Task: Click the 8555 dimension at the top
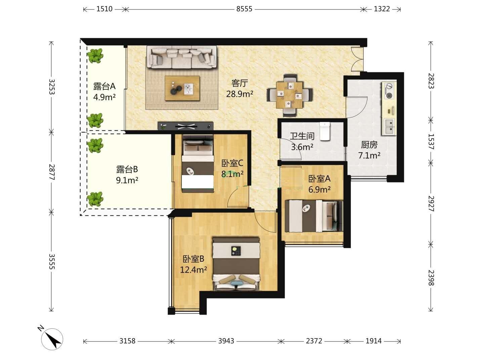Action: click(x=244, y=9)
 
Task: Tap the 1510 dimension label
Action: click(x=104, y=9)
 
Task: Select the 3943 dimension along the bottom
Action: click(x=226, y=341)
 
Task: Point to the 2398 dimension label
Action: click(x=431, y=278)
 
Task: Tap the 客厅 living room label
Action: click(x=239, y=83)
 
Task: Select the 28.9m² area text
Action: click(x=239, y=94)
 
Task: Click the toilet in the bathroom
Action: click(x=325, y=131)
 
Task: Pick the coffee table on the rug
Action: click(x=183, y=88)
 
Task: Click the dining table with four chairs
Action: click(x=289, y=95)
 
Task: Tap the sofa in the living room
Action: click(x=182, y=57)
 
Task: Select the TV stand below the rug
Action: click(x=186, y=126)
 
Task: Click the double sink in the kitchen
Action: click(x=389, y=127)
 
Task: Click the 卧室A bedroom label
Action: click(x=319, y=178)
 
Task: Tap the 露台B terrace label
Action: click(x=127, y=169)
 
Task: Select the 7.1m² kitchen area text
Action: click(x=369, y=156)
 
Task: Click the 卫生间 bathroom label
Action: click(x=302, y=136)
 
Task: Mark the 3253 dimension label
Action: click(x=51, y=87)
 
